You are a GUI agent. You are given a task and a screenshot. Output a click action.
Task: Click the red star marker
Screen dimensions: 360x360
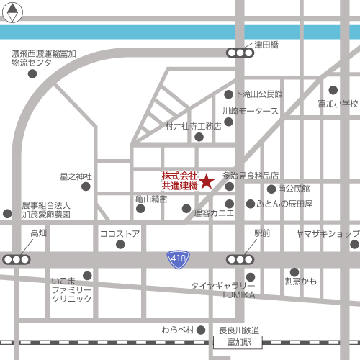point(207,181)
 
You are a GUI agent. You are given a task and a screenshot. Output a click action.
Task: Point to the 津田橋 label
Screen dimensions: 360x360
point(266,45)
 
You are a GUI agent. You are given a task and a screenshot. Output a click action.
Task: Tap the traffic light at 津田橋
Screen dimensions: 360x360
point(239,53)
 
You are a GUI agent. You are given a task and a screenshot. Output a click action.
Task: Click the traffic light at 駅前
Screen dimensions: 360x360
point(240,259)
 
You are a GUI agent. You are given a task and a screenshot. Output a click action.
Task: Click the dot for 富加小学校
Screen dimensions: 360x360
point(333,90)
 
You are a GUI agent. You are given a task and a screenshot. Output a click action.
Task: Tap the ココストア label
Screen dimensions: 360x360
point(120,234)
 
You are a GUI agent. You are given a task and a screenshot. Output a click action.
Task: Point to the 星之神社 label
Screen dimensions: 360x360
point(76,176)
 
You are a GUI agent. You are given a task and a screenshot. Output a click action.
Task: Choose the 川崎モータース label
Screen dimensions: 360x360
point(251,112)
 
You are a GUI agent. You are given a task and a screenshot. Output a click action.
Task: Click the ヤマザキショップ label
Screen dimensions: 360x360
point(327,234)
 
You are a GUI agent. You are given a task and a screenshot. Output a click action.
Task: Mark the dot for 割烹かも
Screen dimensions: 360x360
point(294,271)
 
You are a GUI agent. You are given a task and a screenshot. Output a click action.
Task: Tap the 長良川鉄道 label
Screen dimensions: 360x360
point(238,330)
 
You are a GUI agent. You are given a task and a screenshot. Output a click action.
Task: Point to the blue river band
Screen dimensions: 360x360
point(180,32)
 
